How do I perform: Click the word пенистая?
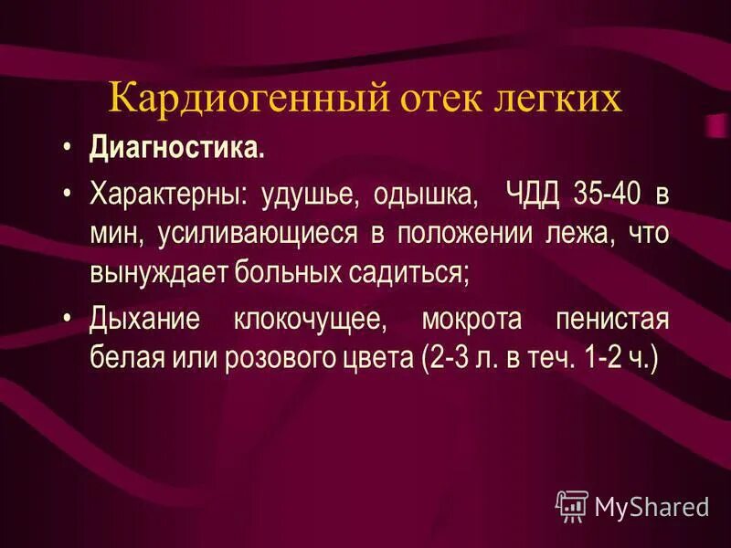point(613,319)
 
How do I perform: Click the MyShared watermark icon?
point(571,505)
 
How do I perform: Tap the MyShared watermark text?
point(652,506)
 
